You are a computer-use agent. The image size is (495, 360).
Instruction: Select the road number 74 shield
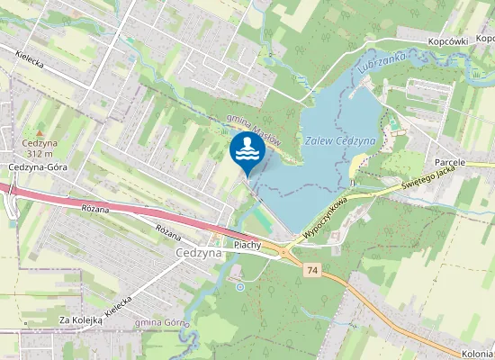coord(312,269)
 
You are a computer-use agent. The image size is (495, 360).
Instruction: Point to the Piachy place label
coord(247,245)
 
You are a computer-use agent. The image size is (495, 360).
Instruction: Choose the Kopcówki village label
coord(450,41)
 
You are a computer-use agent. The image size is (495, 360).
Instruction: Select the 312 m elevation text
coord(39,154)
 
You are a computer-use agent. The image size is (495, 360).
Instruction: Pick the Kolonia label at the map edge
coord(478,354)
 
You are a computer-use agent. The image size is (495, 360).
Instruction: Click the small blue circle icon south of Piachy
coord(239,287)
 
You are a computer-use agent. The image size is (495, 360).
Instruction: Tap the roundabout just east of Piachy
coord(285,252)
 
